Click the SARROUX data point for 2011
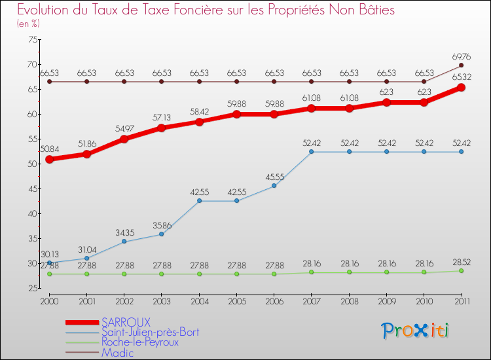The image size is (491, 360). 462,87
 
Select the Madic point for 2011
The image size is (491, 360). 462,65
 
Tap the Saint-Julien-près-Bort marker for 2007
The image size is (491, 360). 312,152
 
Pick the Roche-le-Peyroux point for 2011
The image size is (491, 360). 462,271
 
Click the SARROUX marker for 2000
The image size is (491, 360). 49,159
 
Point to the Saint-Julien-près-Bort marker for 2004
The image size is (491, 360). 199,201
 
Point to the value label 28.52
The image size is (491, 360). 462,262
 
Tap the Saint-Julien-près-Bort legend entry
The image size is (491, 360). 150,333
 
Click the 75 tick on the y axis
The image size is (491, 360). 31,39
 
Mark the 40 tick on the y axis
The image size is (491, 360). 31,213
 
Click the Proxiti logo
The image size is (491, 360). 416,331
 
